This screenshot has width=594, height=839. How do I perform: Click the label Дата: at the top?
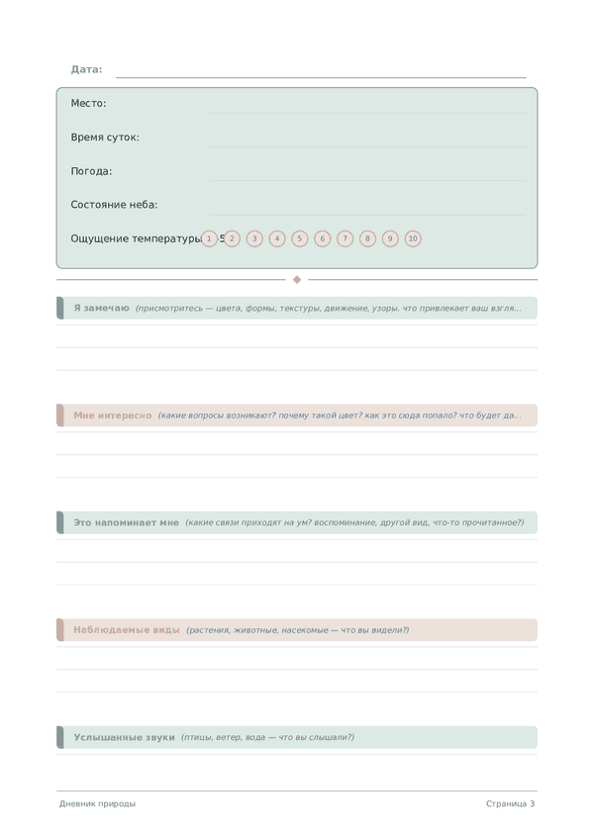pos(86,69)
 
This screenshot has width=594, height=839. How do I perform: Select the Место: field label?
pos(88,103)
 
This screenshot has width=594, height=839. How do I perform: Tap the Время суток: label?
pos(105,138)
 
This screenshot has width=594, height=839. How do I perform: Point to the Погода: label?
pos(91,171)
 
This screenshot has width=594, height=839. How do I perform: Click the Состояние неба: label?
pos(114,205)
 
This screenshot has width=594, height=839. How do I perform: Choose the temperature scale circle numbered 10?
pos(413,238)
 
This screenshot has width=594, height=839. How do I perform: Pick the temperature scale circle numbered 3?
pos(254,238)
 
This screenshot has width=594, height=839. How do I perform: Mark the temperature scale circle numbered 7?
pos(345,238)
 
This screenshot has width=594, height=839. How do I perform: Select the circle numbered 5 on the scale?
pos(300,238)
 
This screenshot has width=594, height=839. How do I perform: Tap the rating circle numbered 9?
pos(390,238)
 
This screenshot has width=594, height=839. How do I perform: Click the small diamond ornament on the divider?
pos(297,279)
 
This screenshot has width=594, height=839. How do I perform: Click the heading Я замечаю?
pos(101,308)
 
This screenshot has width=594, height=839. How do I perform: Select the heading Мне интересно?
pos(112,416)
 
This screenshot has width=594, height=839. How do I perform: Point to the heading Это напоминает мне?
pos(126,522)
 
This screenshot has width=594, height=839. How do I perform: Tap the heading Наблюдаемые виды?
pos(126,630)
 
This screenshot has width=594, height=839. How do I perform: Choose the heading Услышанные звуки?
pos(124,737)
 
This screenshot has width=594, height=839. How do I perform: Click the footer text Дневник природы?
pos(97,803)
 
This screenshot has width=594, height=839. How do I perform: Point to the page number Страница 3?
pos(510,803)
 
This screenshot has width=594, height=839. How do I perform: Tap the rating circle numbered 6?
pos(322,238)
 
